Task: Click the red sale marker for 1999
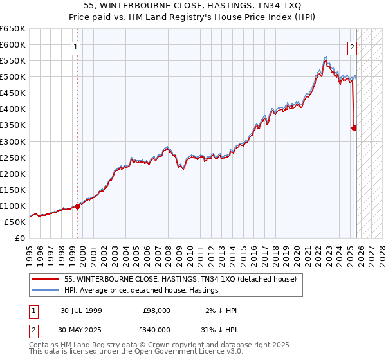pyautogui.click(x=78, y=206)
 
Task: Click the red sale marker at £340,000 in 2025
pyautogui.click(x=354, y=128)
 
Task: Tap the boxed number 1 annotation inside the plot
pyautogui.click(x=76, y=46)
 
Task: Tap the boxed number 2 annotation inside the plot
pyautogui.click(x=353, y=46)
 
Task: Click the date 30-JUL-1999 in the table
pyautogui.click(x=81, y=310)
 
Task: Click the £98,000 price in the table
pyautogui.click(x=156, y=310)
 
